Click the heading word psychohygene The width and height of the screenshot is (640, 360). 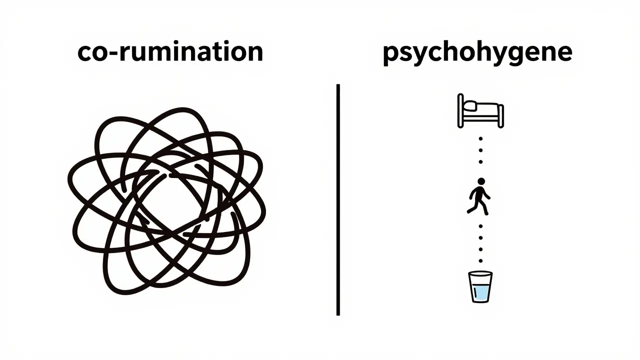point(477,54)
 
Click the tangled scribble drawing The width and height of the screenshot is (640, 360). point(167,201)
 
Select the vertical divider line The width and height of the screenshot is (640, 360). point(338,199)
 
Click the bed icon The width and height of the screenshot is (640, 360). point(480,111)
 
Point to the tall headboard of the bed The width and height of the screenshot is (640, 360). point(460,110)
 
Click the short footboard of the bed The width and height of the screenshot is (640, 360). point(501,116)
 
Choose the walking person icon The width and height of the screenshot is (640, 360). point(479,196)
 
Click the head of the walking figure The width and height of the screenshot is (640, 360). point(481,181)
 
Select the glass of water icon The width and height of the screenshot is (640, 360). point(480,286)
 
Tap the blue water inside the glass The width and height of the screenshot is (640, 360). point(480,292)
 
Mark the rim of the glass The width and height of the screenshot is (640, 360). point(480,273)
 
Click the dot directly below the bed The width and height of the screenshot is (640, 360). point(480,139)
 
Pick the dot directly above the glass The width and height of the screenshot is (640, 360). point(480,261)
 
